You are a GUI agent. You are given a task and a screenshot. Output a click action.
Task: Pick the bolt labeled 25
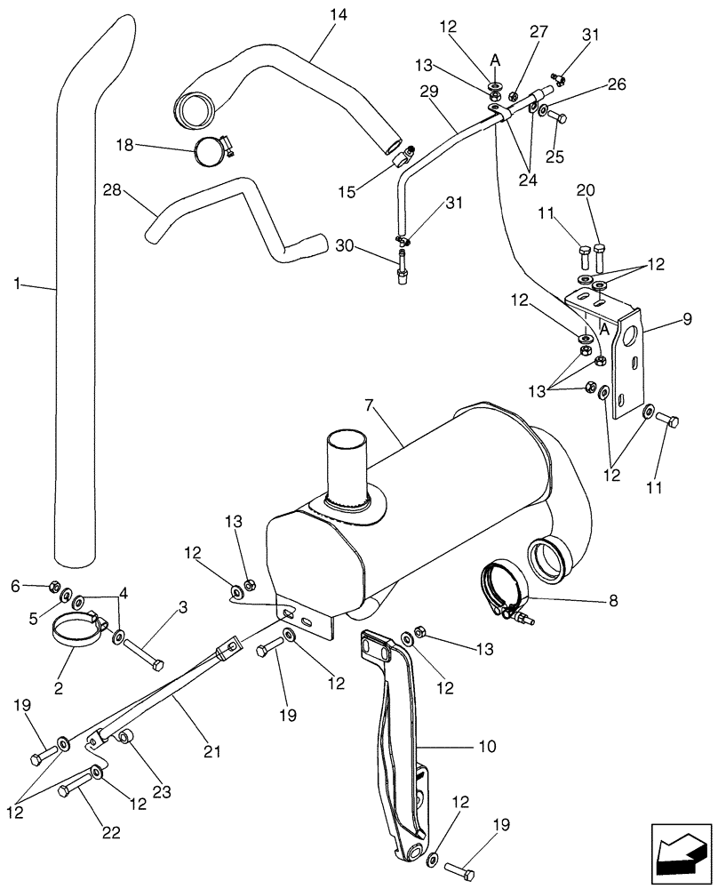click(x=554, y=116)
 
